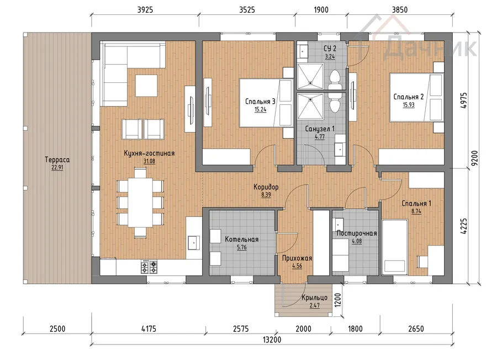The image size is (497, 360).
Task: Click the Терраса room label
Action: (57, 160)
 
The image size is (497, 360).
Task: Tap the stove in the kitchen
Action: (149, 267)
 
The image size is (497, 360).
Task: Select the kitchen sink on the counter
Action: (194, 243)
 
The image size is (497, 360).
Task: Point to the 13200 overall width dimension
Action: (272, 340)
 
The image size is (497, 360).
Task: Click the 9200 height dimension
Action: (474, 158)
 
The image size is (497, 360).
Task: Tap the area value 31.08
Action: (149, 161)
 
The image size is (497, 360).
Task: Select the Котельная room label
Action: (241, 239)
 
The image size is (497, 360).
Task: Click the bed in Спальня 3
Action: (266, 103)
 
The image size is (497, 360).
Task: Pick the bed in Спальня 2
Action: (416, 97)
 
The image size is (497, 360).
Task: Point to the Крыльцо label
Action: (314, 298)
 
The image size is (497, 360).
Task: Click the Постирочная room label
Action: (357, 233)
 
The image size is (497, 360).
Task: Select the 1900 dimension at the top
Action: (321, 10)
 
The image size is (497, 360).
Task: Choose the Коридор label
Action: (266, 187)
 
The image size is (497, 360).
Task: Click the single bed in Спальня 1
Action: (395, 247)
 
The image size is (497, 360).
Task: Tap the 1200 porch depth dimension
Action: (338, 300)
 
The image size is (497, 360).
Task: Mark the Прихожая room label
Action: (297, 258)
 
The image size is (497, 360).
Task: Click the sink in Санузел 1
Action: (340, 148)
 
